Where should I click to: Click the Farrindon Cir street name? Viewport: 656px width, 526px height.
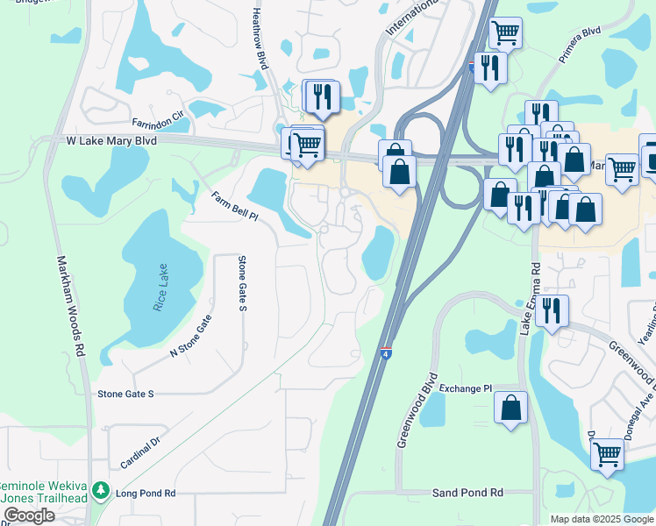point(158,119)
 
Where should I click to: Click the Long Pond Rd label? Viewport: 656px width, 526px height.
point(146,494)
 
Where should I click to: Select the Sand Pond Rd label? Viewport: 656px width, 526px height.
point(467,494)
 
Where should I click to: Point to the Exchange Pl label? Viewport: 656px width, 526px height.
point(466,388)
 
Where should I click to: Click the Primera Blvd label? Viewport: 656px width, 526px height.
point(580,44)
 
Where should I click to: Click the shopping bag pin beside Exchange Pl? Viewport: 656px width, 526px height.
point(510,408)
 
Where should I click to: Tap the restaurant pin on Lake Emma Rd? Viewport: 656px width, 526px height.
point(551,311)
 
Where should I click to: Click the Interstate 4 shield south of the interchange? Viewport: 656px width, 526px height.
point(386,352)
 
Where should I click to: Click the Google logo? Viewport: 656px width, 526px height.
point(28,515)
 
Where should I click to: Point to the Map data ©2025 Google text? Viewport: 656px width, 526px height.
point(601,519)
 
